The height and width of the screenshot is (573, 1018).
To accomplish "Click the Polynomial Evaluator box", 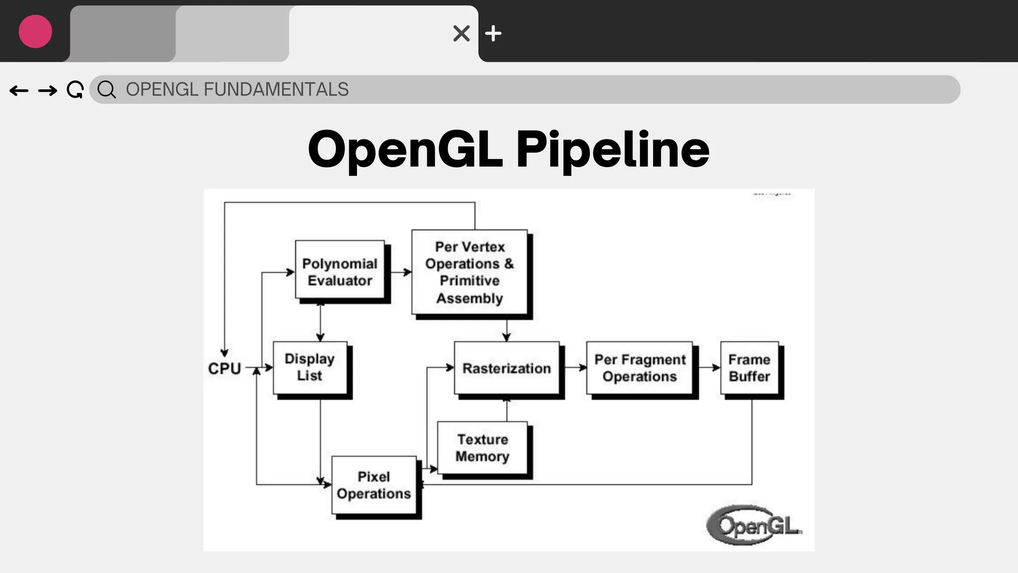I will coord(340,272).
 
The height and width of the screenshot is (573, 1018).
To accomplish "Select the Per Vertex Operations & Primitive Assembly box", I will coord(470,272).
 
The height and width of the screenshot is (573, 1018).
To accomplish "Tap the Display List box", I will coord(310,368).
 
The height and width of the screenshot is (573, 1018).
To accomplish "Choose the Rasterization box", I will coord(507,368).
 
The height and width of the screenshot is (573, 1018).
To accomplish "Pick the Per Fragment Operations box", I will coord(640,368).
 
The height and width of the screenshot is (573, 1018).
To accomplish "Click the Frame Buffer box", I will coord(750,368).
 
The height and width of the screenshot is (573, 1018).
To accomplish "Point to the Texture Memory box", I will coord(482,448).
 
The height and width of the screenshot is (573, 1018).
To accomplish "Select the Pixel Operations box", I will coord(374,485).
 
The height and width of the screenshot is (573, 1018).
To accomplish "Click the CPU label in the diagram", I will coord(225,369).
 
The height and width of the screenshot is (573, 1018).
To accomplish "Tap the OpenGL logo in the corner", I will coord(754,525).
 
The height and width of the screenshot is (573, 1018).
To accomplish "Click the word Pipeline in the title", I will coord(612,149).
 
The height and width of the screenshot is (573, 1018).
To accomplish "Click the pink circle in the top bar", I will coord(35,31).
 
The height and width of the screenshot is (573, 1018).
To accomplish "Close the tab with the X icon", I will coord(461,33).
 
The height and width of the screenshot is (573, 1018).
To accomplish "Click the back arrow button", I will coord(19,90).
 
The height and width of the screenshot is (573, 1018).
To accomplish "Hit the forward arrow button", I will coord(48,90).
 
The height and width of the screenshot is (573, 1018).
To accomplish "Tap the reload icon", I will coord(75,90).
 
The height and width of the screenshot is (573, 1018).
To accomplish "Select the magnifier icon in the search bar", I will coord(106,90).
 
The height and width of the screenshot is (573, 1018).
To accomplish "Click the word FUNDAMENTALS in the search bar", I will coord(276,90).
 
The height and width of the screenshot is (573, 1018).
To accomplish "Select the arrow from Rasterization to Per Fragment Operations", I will coord(575,368).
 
